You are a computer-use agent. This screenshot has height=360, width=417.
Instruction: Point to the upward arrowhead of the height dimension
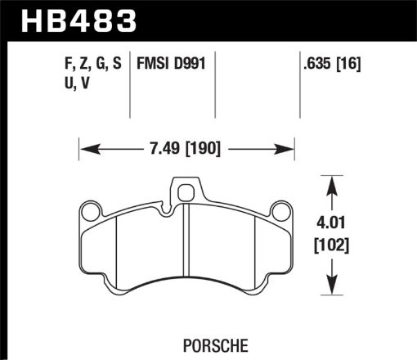(x=332, y=186)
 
